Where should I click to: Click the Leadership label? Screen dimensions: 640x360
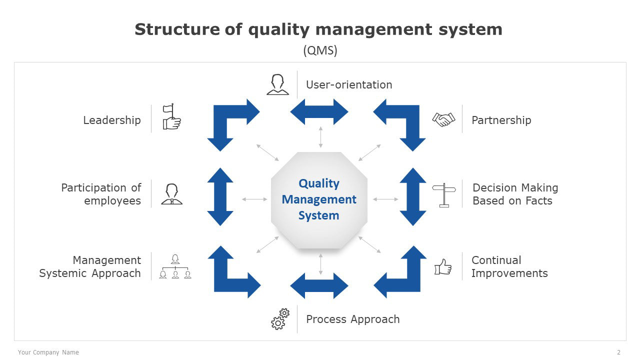coord(112,120)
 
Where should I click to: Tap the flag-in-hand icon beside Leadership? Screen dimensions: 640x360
coord(171,116)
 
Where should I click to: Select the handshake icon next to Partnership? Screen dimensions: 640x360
coord(443,119)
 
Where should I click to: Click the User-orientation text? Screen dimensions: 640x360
coord(349,85)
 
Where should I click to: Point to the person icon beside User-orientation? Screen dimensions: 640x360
coord(277,84)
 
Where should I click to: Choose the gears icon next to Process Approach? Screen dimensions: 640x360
coord(280,319)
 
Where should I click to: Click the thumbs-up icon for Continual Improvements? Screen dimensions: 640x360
coord(443,267)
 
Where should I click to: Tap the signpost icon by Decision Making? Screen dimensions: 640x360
coord(444,195)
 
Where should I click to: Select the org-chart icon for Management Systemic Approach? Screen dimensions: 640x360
coord(175,266)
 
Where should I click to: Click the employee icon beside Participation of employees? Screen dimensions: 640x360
coord(171,194)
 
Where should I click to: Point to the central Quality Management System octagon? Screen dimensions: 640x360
coord(319,200)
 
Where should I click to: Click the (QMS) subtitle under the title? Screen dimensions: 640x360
coord(320,50)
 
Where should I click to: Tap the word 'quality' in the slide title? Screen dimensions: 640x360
coord(279,29)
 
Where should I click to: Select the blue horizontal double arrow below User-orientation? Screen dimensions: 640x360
coord(319,112)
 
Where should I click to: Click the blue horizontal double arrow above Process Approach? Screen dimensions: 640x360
coord(319,285)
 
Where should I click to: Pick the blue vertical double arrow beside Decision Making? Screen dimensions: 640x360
coord(413,197)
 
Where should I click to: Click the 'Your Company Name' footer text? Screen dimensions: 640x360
coord(48,352)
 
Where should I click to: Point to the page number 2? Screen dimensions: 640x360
coord(619,352)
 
